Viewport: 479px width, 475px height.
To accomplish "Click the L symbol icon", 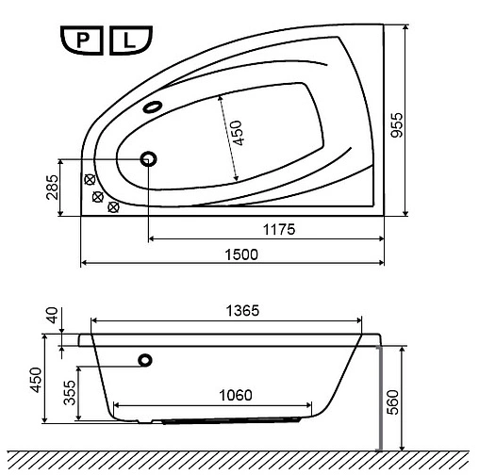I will click(128, 41).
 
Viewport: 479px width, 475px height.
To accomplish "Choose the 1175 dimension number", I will click(279, 230).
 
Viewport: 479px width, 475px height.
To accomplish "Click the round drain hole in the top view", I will click(148, 158).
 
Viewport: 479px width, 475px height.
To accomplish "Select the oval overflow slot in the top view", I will click(154, 106).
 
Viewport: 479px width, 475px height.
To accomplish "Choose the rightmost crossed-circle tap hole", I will click(114, 206).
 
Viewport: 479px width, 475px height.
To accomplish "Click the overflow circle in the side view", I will click(145, 359).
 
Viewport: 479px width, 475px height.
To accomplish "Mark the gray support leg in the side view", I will click(377, 395).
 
